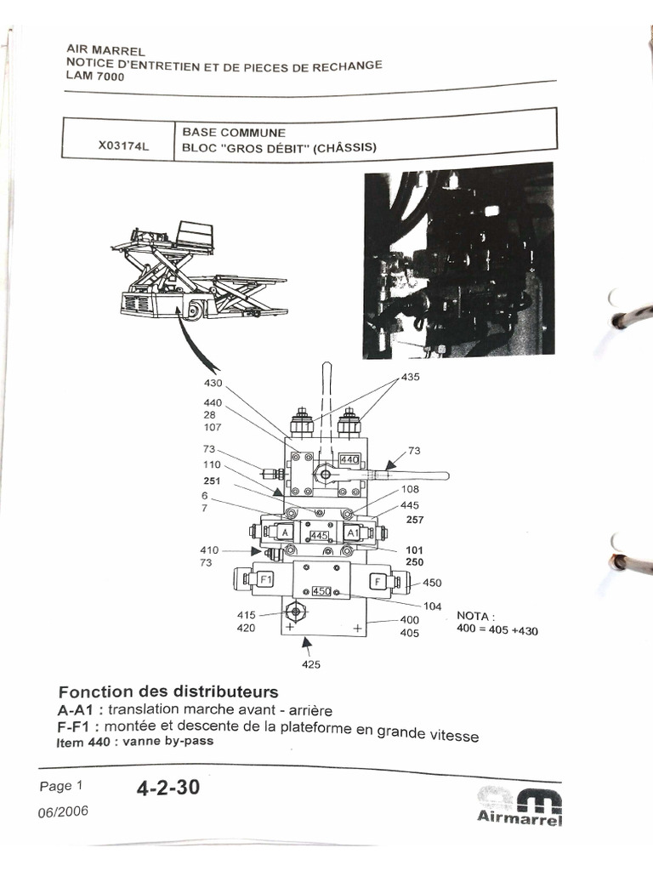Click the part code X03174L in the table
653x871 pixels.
123,146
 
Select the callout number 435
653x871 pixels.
411,377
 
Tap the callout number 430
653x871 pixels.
213,384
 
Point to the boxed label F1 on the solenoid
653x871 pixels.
265,580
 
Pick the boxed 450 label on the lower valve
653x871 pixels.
321,591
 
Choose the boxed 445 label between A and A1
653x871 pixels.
319,536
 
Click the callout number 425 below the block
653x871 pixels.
311,665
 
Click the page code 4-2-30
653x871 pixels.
168,788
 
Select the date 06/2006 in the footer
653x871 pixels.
64,811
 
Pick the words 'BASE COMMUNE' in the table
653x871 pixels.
233,134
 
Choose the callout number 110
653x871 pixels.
212,464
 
